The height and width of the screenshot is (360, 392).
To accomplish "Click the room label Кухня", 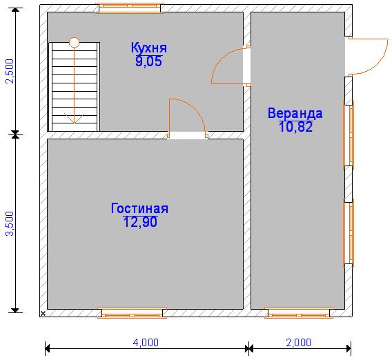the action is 149,48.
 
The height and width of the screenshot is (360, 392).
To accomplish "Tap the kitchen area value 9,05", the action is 149,61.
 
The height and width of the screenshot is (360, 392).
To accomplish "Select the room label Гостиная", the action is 139,208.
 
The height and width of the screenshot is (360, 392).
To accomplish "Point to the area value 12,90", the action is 140,221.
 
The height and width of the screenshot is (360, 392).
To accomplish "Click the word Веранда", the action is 295,113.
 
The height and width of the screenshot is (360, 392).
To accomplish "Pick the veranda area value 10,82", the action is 295,126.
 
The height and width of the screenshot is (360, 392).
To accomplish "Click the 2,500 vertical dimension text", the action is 10,71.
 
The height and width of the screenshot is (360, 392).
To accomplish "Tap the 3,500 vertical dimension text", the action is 10,223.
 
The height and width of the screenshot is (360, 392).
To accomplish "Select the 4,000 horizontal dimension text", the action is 146,343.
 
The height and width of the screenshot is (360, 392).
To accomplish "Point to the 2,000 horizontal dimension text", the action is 299,343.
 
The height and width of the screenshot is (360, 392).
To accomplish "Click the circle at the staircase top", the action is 75,42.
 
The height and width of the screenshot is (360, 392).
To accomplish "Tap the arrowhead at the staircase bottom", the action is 75,119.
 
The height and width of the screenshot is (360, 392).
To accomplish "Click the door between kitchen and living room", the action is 188,118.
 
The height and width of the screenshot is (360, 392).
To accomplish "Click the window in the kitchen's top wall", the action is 130,8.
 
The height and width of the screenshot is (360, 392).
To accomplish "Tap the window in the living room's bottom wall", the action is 132,313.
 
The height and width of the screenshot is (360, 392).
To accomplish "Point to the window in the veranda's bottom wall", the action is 299,313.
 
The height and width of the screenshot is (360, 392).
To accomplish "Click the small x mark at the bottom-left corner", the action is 43,313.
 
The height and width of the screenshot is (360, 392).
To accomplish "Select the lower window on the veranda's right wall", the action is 349,233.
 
